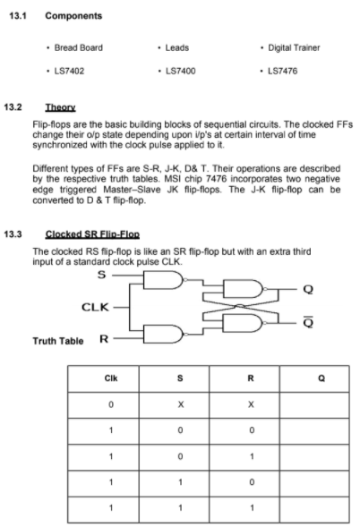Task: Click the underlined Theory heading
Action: [46, 106]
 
